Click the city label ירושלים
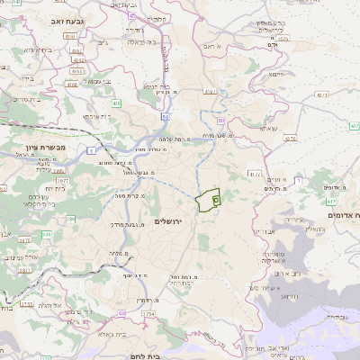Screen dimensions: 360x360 click(168, 220)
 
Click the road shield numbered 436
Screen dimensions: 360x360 click(116, 103)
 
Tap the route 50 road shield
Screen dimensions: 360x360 click(165, 116)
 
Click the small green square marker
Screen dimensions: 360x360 click(216, 201)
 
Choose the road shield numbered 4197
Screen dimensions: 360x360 click(210, 91)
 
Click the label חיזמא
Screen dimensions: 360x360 click(276, 75)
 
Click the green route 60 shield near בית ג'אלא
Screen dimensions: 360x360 click(120, 313)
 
